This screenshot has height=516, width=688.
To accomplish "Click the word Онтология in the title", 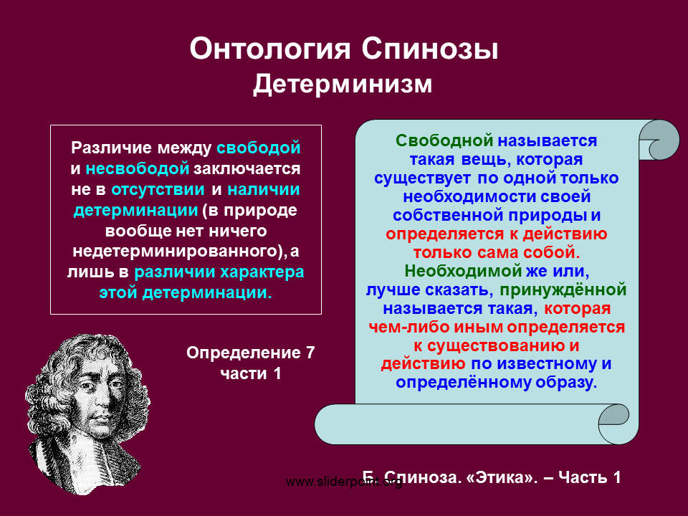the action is tap(270, 48).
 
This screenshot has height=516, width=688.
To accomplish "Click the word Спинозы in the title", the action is tap(430, 48).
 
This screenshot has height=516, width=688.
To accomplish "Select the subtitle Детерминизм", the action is tap(343, 84).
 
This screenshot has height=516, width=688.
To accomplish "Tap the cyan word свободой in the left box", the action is tap(259, 148).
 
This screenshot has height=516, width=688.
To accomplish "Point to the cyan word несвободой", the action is tap(138, 168).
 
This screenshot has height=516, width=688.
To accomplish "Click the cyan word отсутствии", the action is tap(158, 189).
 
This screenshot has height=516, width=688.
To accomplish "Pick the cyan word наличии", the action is tap(264, 189).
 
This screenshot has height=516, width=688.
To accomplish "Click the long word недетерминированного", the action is tap(176, 251).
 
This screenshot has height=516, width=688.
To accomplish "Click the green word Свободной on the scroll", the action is tap(444, 140).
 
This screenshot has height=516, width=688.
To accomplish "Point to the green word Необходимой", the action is tap(463, 271).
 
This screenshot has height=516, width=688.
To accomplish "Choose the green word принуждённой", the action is tap(563, 290).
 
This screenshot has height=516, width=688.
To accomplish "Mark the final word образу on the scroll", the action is tap(566, 382).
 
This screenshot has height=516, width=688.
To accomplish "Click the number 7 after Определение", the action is tap(310, 353).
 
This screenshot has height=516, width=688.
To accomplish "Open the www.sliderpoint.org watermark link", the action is tap(344, 482).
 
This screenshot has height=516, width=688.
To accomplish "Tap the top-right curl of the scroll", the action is tap(659, 140).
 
